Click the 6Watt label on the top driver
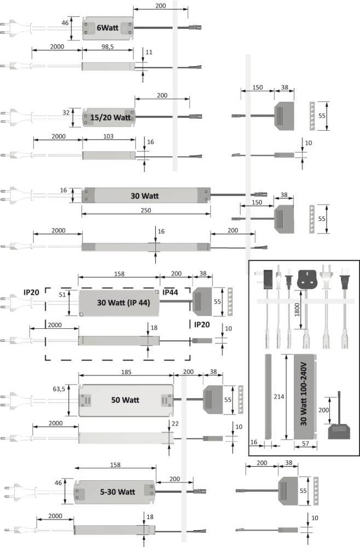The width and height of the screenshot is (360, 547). tap(107, 27)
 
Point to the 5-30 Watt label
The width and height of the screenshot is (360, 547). tap(118, 491)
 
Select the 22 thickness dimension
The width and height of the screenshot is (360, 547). tap(175, 424)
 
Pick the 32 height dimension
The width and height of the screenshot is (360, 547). tap(66, 112)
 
